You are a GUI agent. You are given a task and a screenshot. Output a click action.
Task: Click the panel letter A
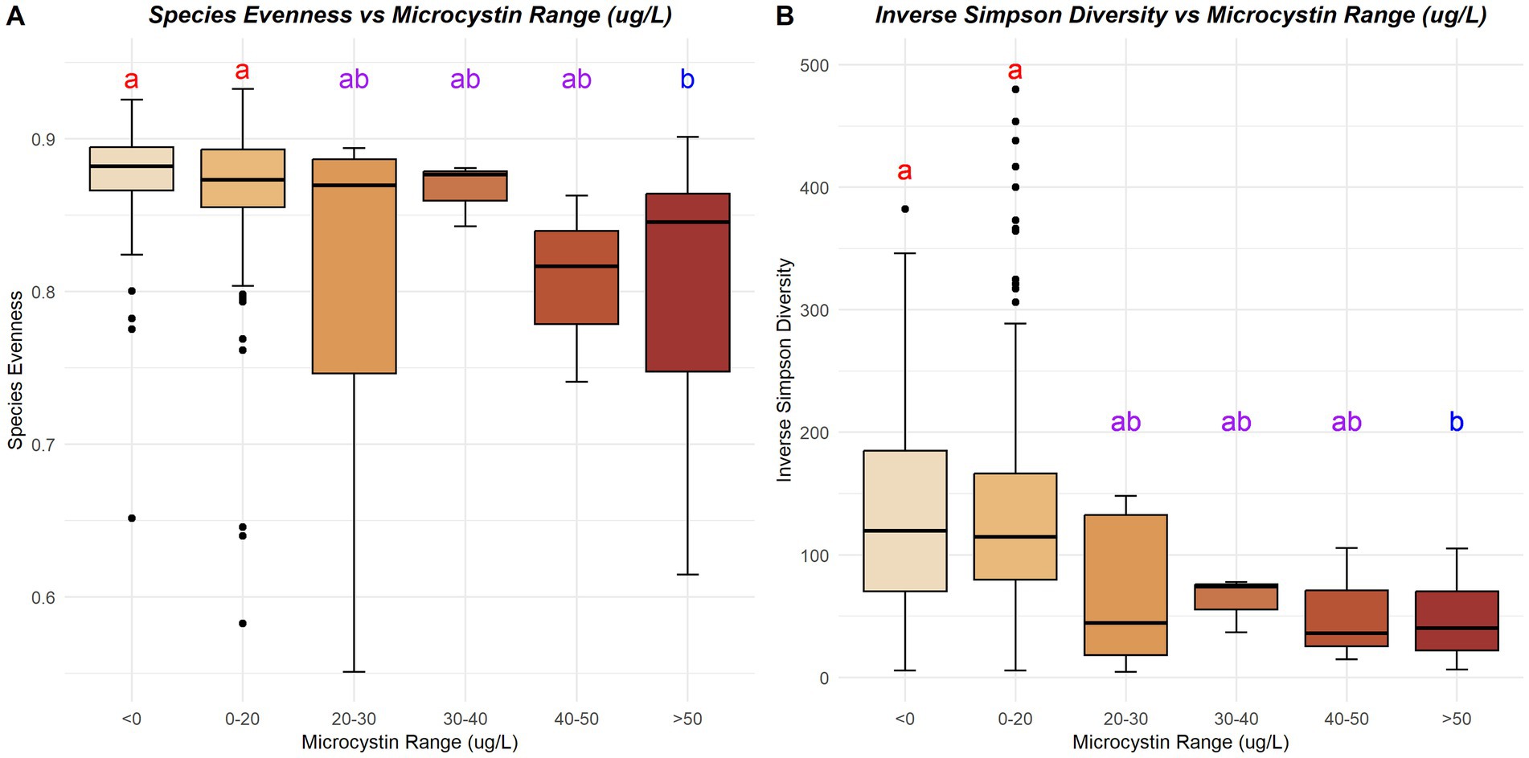point(14,15)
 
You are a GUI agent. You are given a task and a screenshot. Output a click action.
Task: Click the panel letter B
point(785,15)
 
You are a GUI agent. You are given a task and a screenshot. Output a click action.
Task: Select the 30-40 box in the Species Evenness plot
point(465,186)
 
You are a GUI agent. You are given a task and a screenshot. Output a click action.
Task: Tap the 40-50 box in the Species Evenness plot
point(576,277)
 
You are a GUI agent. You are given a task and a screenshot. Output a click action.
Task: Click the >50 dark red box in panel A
point(687,282)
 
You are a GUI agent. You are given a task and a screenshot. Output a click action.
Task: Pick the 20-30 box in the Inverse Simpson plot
point(1125,584)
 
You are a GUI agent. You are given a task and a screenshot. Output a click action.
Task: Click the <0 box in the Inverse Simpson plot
point(904,521)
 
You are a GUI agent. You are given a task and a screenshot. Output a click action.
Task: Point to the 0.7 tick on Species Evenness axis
point(43,445)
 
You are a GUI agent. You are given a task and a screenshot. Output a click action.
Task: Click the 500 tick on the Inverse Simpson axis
point(814,65)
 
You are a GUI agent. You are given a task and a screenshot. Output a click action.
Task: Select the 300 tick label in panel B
point(814,310)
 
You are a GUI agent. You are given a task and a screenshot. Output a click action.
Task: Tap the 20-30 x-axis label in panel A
point(354,719)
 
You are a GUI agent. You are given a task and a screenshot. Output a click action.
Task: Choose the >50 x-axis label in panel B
point(1456,719)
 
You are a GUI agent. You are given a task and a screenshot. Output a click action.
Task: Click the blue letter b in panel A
point(687,80)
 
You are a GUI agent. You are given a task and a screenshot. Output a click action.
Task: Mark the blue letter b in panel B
point(1456,422)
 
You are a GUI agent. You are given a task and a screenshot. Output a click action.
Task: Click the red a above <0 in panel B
point(904,171)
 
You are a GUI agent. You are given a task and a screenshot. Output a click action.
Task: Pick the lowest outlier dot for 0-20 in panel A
point(243,623)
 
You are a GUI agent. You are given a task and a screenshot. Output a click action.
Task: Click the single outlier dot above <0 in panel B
point(905,209)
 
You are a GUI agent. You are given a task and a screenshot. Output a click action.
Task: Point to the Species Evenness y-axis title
point(15,370)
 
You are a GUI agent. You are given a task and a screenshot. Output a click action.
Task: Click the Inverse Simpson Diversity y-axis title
point(785,370)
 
